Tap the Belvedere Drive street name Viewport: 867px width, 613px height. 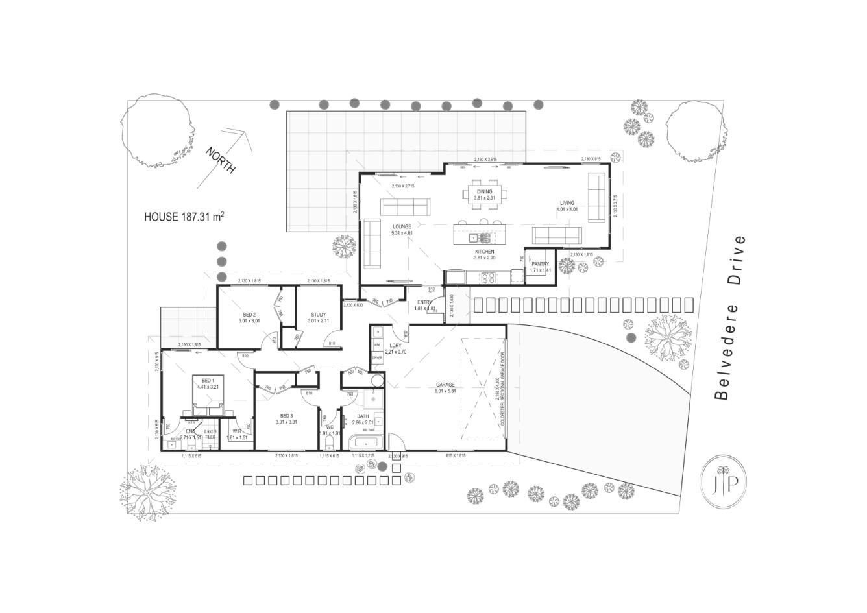tap(729, 318)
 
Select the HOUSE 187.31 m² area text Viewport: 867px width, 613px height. tap(184, 217)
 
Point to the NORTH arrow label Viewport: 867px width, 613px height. tap(221, 160)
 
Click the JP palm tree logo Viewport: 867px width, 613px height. tap(724, 480)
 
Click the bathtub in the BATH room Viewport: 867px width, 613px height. tap(366, 443)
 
